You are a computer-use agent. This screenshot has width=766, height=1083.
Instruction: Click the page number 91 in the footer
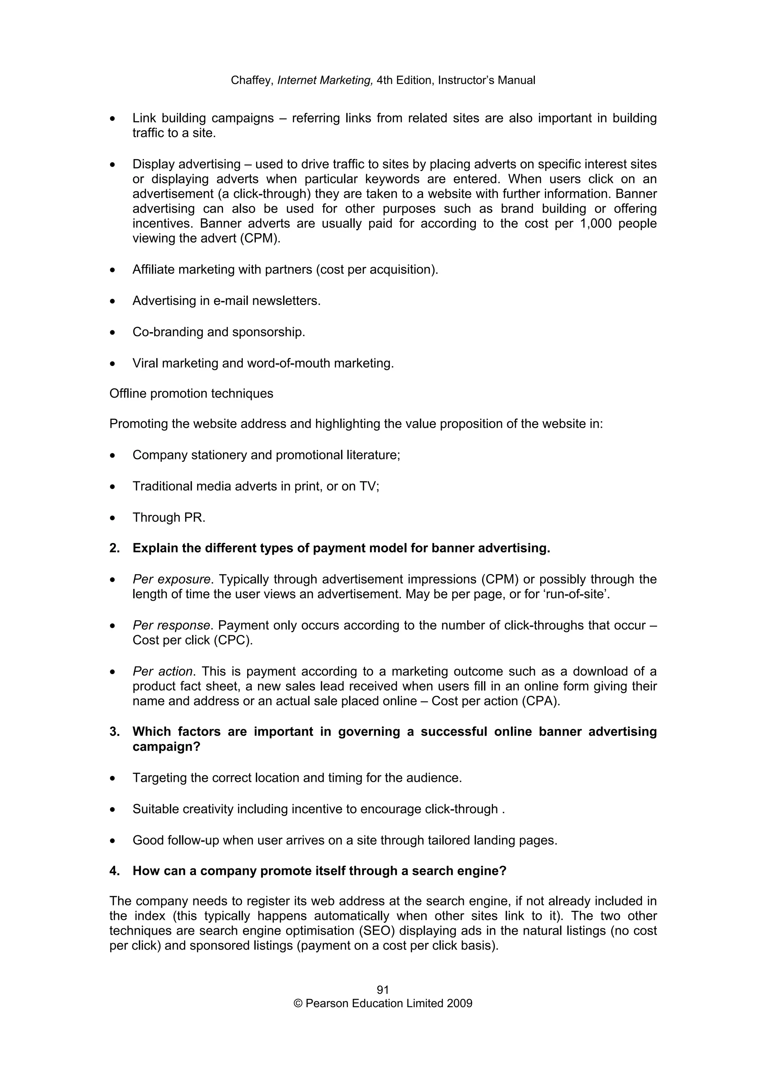[383, 990]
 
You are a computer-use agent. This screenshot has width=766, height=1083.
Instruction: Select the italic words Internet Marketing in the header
[325, 81]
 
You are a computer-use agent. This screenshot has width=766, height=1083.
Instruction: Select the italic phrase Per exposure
[171, 579]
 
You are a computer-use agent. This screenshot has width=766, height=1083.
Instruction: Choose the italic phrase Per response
[171, 626]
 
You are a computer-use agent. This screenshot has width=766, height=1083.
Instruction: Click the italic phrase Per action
[163, 671]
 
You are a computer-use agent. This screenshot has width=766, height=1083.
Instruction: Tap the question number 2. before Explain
[114, 548]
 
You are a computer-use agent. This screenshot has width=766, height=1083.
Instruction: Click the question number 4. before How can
[114, 871]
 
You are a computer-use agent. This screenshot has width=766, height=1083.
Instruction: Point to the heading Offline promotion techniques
[191, 394]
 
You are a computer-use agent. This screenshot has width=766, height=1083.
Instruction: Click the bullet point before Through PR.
[112, 518]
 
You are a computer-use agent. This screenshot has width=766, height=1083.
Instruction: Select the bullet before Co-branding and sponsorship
[112, 333]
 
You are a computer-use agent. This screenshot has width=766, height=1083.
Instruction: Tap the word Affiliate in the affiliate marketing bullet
[153, 270]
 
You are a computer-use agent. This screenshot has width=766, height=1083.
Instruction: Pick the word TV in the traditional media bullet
[368, 486]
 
